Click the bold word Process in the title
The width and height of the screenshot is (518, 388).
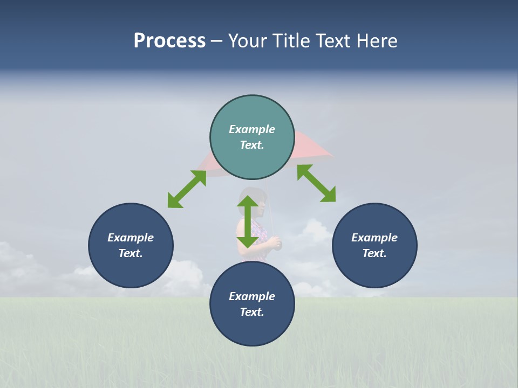point(169,41)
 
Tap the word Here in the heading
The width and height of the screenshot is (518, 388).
point(377,41)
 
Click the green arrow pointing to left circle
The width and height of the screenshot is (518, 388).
point(187,189)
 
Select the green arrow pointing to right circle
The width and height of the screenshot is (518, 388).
point(316,183)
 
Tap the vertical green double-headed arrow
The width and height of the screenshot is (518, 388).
point(248,221)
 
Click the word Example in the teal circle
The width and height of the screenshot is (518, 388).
point(252,129)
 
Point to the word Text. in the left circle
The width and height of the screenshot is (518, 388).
point(131,253)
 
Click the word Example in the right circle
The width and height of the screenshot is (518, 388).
point(374,238)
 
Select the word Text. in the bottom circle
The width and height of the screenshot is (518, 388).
point(252,312)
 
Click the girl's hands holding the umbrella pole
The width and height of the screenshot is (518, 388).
point(275,244)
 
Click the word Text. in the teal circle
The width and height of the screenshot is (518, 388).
point(252,145)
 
